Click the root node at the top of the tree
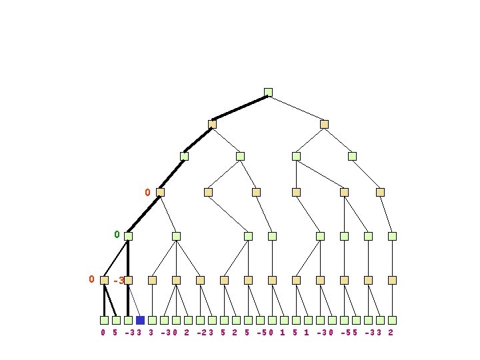[x=268, y=92]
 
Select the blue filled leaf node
[x=140, y=320]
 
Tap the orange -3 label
[x=119, y=281]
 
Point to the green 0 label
[x=117, y=235]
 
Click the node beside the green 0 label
[x=128, y=236]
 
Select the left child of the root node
[x=212, y=124]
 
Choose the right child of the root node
[x=324, y=124]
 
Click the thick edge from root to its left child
[x=240, y=108]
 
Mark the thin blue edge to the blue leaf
[x=134, y=300]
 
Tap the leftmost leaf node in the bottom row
[x=104, y=320]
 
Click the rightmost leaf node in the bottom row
[x=392, y=320]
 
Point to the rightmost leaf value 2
[x=391, y=332]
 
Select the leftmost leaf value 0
[x=103, y=332]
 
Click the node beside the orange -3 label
[x=128, y=281]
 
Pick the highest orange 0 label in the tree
[x=147, y=193]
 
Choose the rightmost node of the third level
[x=352, y=156]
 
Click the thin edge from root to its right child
[x=296, y=108]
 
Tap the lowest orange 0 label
[x=91, y=279]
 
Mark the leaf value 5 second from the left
[x=115, y=332]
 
